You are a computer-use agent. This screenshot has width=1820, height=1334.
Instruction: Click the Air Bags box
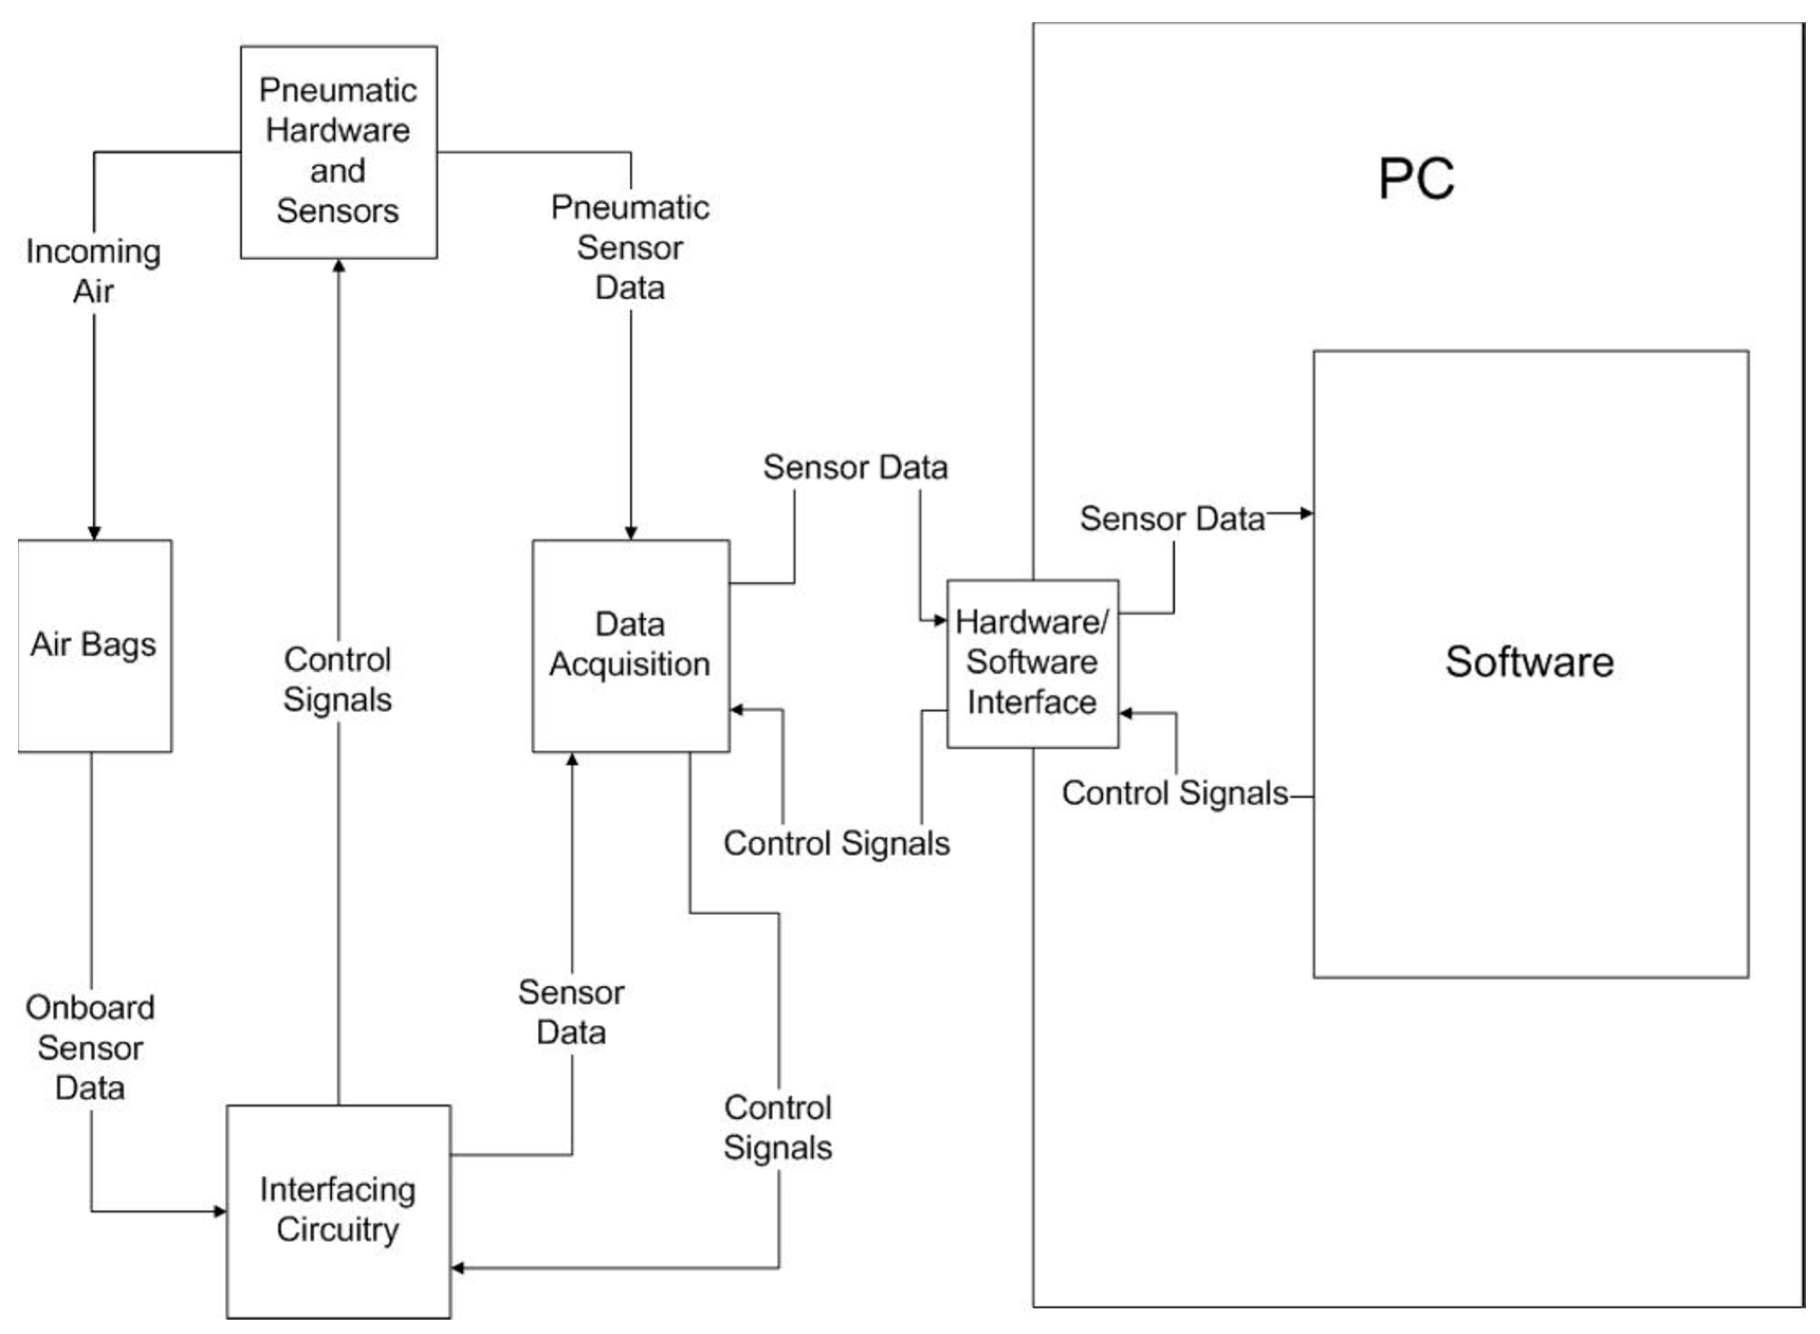[x=95, y=646]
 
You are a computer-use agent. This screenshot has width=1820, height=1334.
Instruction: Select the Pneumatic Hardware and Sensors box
[x=338, y=152]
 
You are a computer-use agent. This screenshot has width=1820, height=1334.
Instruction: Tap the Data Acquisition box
[x=630, y=646]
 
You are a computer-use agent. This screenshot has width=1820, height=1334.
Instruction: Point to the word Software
[x=1529, y=662]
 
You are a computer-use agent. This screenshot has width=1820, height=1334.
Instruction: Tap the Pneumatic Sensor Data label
[x=630, y=247]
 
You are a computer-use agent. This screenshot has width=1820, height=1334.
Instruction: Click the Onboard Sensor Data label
[x=90, y=1047]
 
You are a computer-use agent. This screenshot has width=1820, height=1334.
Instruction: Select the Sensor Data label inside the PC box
[x=1171, y=518]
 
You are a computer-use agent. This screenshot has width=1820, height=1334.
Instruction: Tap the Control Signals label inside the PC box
[x=1174, y=793]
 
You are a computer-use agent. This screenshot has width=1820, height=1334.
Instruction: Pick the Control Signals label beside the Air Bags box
[x=338, y=679]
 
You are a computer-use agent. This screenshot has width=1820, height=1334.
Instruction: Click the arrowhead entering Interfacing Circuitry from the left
[x=220, y=1211]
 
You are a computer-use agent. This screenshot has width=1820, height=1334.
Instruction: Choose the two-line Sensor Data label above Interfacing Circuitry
[x=571, y=1012]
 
